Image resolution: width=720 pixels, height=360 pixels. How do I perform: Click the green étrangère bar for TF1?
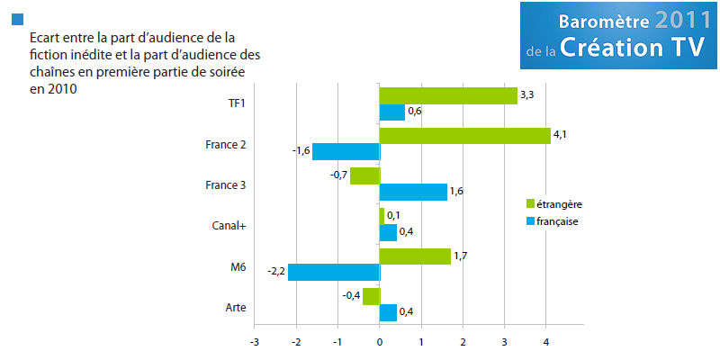[448, 95]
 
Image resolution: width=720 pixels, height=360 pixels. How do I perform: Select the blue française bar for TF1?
[392, 112]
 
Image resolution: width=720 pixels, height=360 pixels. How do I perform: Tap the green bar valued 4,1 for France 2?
[464, 136]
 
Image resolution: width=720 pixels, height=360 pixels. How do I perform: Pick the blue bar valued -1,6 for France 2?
[346, 151]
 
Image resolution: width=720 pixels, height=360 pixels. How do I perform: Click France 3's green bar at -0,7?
[364, 175]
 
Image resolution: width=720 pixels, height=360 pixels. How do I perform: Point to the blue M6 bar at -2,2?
[333, 272]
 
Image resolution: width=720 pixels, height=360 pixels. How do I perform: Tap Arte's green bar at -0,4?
[371, 296]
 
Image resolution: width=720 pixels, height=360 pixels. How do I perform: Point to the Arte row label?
[237, 309]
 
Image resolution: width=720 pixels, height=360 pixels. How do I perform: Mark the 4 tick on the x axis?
[546, 343]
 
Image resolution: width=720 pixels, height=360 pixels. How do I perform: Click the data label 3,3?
[527, 93]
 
